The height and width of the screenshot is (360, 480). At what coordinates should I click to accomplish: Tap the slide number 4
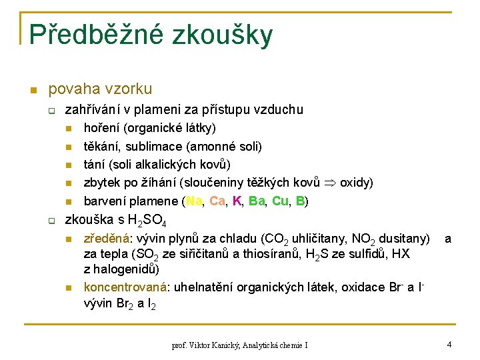[449, 344]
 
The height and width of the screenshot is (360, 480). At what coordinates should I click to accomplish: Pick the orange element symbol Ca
[217, 201]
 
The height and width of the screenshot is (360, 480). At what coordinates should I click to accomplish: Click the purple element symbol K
[237, 201]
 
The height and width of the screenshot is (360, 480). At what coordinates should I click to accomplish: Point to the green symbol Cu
[281, 201]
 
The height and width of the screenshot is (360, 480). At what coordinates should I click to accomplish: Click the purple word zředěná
[104, 238]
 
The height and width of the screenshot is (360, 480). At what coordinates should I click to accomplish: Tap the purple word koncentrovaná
[125, 287]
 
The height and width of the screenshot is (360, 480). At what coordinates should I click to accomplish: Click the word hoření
[101, 127]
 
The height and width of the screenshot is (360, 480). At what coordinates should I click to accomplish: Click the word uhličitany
[316, 238]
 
